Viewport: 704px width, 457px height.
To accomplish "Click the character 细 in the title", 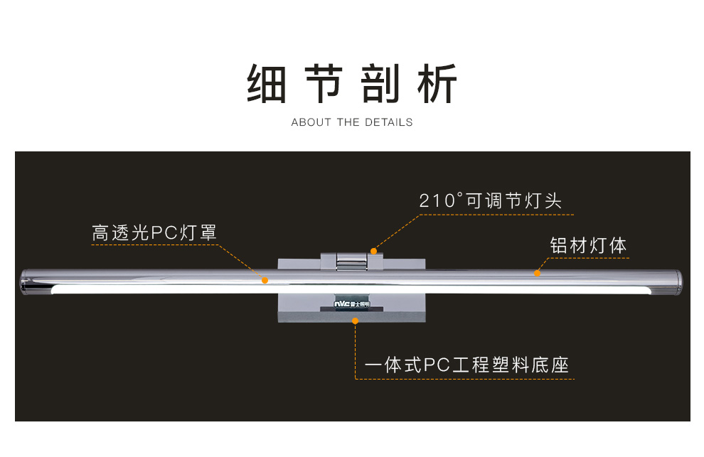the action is pyautogui.click(x=267, y=85).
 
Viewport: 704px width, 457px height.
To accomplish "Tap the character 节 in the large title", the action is pyautogui.click(x=326, y=85).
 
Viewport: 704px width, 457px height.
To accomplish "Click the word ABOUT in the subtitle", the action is pyautogui.click(x=311, y=122).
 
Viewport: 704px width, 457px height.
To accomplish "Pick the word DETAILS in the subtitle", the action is pyautogui.click(x=389, y=122).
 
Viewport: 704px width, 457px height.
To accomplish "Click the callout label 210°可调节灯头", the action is pyautogui.click(x=490, y=201).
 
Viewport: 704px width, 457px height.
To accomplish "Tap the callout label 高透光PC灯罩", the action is pyautogui.click(x=154, y=233).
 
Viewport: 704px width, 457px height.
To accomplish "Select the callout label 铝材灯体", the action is pyautogui.click(x=588, y=246).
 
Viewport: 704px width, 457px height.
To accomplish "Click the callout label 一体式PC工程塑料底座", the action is pyautogui.click(x=466, y=366).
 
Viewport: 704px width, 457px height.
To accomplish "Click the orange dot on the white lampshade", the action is pyautogui.click(x=265, y=281).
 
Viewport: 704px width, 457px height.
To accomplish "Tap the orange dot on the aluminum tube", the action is pyautogui.click(x=537, y=273).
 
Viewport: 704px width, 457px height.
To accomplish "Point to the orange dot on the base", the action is pyautogui.click(x=355, y=321).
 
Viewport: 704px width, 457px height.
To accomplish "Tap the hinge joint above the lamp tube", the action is pyautogui.click(x=350, y=260).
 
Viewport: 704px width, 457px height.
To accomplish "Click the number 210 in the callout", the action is pyautogui.click(x=433, y=201).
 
